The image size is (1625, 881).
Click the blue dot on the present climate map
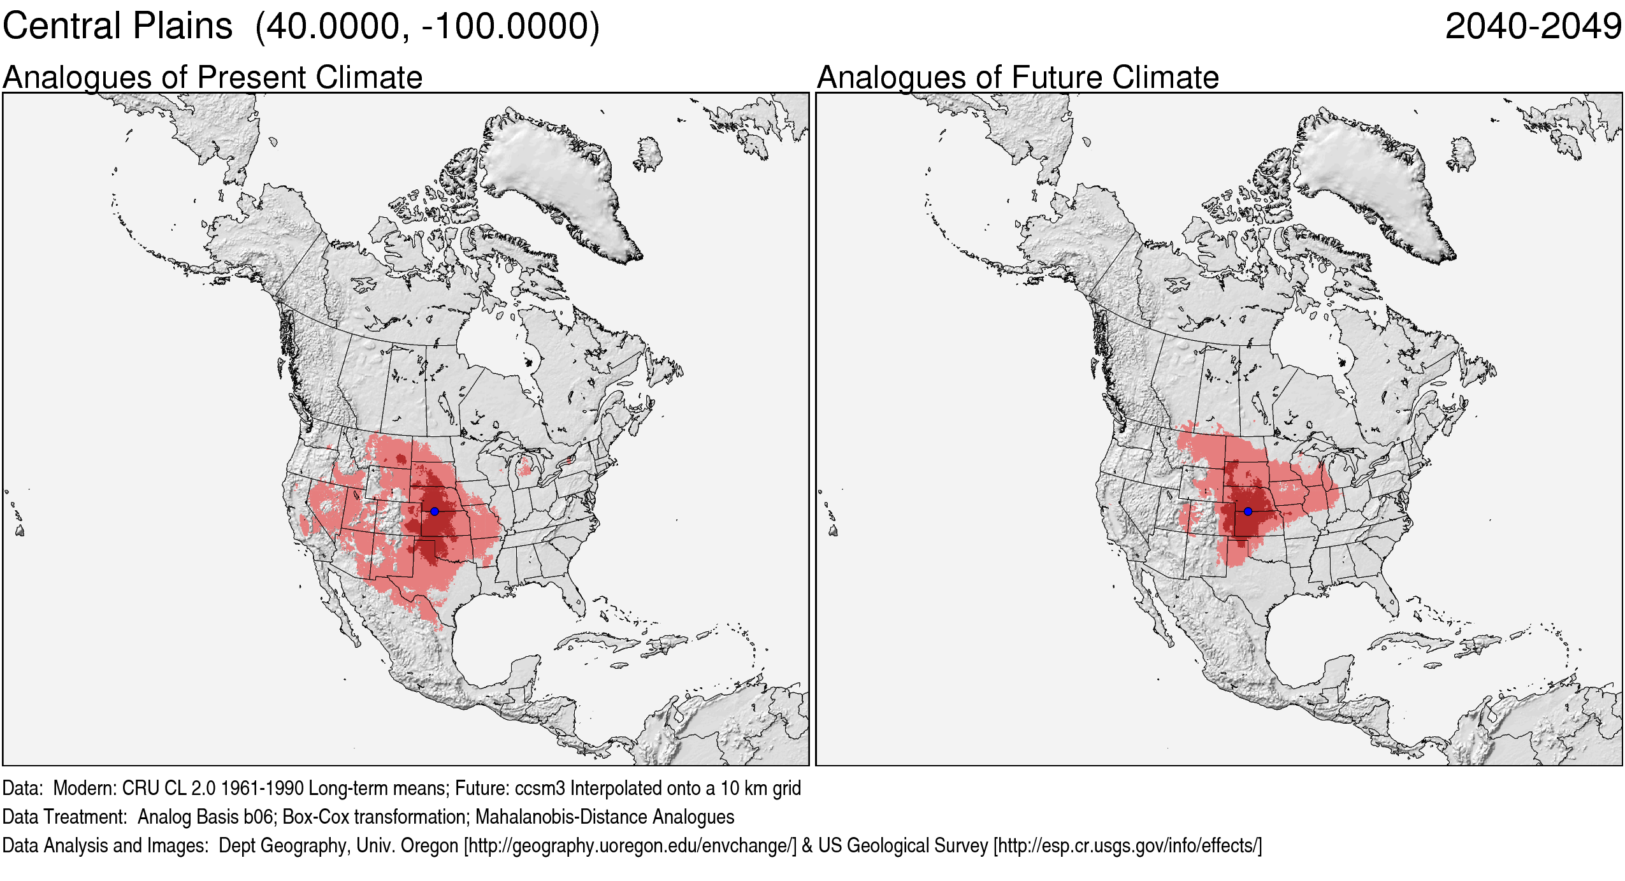[x=435, y=512]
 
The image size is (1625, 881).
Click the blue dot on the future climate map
[x=1248, y=512]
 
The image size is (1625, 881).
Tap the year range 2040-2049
[x=1533, y=27]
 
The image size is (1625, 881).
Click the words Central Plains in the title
[x=118, y=27]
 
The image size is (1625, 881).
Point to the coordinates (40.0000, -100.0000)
[x=427, y=27]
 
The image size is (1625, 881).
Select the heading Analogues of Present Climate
[x=212, y=78]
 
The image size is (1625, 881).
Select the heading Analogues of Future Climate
[x=1018, y=78]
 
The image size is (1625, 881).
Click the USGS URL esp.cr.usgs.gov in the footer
[x=1127, y=845]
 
